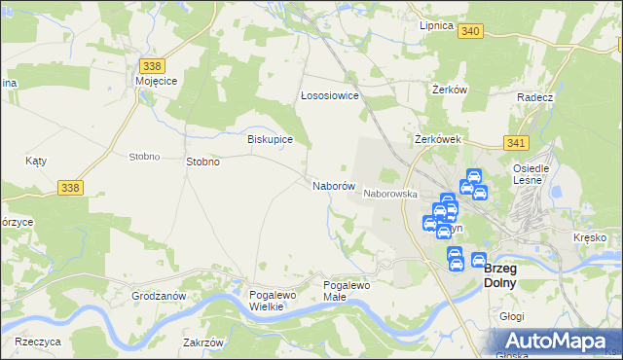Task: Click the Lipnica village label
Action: [x=436, y=26]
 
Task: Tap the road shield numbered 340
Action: [x=470, y=31]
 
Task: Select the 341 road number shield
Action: [x=517, y=143]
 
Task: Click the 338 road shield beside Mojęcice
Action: [x=151, y=66]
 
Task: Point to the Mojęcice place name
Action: [x=156, y=83]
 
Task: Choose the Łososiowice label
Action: [x=330, y=96]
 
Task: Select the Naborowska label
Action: [x=390, y=195]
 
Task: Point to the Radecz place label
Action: [x=535, y=98]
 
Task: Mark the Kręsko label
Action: [x=590, y=238]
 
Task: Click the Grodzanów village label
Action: [x=159, y=295]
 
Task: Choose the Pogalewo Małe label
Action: [x=348, y=290]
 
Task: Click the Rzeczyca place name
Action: [x=39, y=342]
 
